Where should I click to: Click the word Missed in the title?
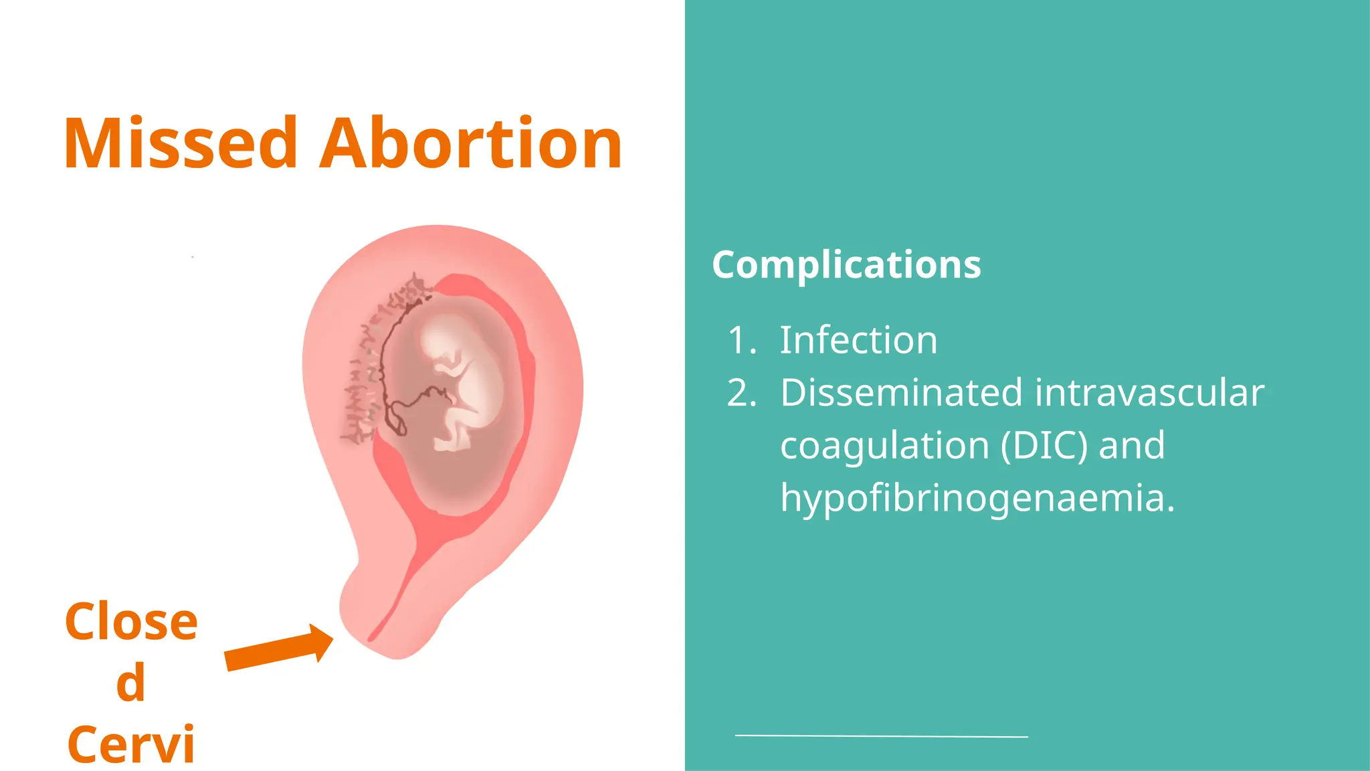[181, 144]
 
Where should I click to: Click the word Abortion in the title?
[471, 144]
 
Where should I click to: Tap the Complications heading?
[846, 265]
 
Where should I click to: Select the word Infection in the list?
[858, 340]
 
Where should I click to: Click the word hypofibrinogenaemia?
[977, 499]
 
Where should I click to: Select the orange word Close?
[131, 622]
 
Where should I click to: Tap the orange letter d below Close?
[130, 683]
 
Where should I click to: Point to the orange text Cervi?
[131, 744]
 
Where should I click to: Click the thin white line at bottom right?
[881, 736]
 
